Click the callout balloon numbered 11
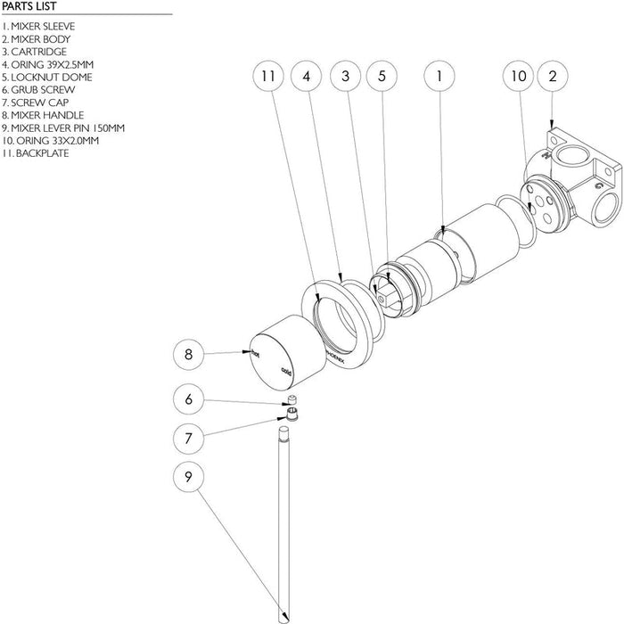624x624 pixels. [x=267, y=77]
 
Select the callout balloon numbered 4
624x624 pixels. [x=306, y=77]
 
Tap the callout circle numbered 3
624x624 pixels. [x=345, y=77]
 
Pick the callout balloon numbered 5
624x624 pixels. [x=382, y=77]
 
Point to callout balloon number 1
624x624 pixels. [x=439, y=77]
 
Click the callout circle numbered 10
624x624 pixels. [x=518, y=77]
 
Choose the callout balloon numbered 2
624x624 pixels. [x=553, y=77]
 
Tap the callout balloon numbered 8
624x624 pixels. [x=188, y=355]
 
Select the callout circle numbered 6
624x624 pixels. [x=188, y=400]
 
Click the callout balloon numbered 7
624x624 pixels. [x=188, y=438]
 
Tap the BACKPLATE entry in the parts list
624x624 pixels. [x=37, y=153]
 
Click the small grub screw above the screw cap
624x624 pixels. [x=291, y=401]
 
